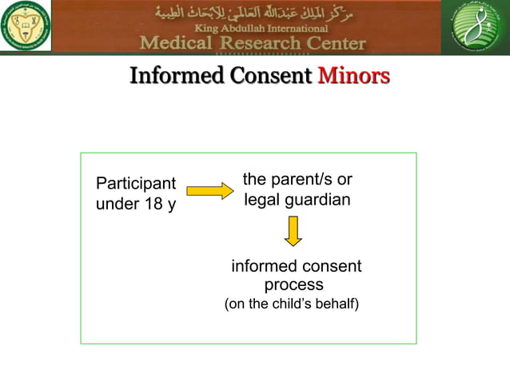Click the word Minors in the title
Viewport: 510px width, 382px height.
tap(353, 77)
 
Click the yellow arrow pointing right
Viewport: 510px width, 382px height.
tap(209, 191)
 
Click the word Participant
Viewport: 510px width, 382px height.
tap(136, 184)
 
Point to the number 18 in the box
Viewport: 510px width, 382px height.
tap(152, 205)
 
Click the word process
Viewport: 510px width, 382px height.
tap(293, 285)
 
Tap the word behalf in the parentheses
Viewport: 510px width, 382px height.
tap(336, 304)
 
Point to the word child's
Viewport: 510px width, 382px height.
tap(291, 304)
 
